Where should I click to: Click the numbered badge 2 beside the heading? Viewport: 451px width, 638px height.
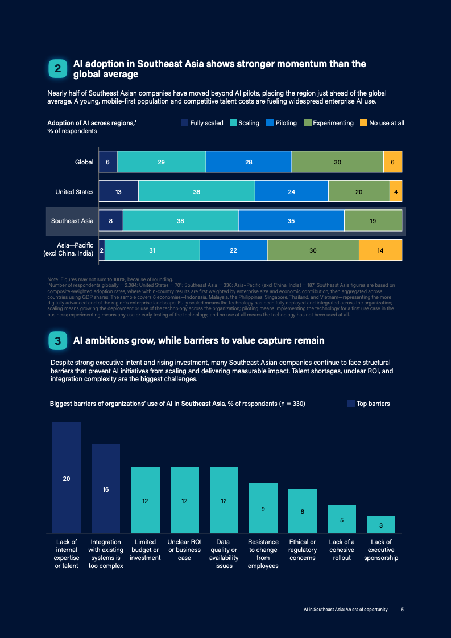coord(57,69)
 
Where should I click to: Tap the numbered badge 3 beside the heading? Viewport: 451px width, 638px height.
coord(57,341)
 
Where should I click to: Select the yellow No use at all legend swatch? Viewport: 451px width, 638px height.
coord(364,122)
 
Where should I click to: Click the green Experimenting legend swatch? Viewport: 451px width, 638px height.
coord(308,122)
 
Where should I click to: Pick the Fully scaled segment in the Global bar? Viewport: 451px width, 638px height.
coord(107,162)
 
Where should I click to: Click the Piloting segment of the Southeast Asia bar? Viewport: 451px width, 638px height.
coord(291,221)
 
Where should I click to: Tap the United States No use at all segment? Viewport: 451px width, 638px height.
coord(396,191)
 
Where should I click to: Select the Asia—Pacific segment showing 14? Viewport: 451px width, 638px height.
coord(380,250)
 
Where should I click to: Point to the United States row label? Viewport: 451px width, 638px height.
coord(75,192)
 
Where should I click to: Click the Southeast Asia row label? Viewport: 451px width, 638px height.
coord(72,221)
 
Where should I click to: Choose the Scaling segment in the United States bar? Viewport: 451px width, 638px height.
coord(197,191)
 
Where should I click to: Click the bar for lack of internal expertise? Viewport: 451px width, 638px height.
coord(67,478)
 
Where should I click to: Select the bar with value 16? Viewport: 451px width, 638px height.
coord(106,489)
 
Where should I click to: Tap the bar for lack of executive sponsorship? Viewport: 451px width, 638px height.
coord(381,525)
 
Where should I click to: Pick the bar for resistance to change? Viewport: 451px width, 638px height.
coord(263,508)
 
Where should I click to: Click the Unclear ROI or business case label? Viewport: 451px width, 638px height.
coord(185,550)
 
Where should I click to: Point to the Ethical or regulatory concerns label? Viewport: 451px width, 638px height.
coord(303,550)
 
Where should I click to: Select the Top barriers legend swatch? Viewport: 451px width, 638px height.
coord(351,404)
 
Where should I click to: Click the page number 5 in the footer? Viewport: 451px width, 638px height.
coord(402,610)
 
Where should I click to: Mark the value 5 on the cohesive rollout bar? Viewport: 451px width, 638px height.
coord(342,520)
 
